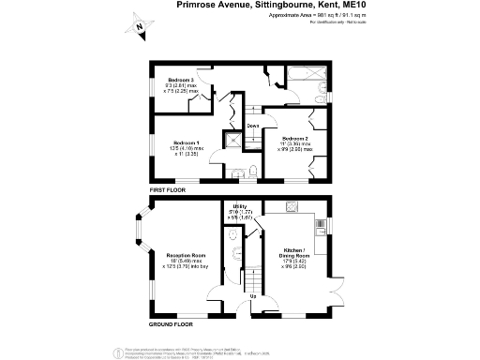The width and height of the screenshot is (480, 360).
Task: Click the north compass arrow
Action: [x=139, y=28]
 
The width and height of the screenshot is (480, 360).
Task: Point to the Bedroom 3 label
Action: [x=180, y=81]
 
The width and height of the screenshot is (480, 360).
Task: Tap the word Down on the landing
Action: [x=252, y=126]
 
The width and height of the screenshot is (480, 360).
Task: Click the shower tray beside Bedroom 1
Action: [x=230, y=142]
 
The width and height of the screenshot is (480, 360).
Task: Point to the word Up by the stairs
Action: [x=252, y=299]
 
